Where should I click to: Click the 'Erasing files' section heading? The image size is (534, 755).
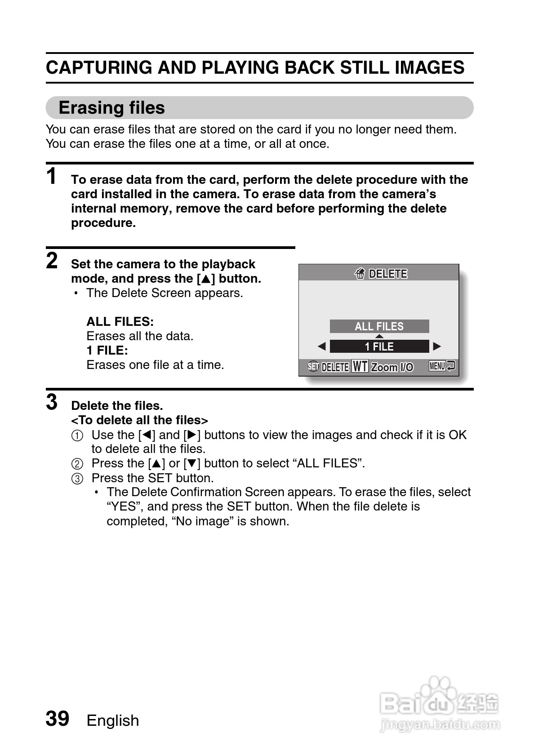point(111,108)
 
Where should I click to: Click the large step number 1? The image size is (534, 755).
point(52,176)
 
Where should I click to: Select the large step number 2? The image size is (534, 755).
point(52,261)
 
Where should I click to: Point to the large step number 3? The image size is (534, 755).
point(52,402)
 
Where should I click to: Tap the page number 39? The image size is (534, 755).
point(58,719)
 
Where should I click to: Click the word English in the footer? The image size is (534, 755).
point(113,720)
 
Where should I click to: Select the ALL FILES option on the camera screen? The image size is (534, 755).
point(379,326)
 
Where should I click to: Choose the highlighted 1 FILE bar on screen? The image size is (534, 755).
point(379,346)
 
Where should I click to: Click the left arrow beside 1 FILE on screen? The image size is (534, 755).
point(321,346)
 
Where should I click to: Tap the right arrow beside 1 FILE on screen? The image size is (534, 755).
point(437,346)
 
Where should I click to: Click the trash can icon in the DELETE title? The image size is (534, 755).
point(360,274)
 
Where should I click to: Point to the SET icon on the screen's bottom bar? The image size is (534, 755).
point(313,367)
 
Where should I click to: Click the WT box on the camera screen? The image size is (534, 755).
point(360,367)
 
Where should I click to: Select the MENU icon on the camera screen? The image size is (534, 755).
point(437,366)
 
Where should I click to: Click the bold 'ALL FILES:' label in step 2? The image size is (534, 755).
point(120,322)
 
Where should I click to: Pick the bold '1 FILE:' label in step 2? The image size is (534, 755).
point(107,351)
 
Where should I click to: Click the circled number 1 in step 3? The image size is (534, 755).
point(77,435)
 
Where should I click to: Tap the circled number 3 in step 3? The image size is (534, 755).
point(77,479)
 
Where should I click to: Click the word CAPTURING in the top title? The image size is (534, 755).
point(99,68)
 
